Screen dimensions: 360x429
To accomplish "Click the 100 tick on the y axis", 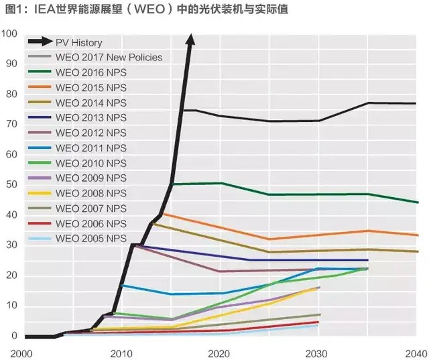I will click(10, 34).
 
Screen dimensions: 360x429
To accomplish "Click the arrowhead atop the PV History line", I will click(190, 40).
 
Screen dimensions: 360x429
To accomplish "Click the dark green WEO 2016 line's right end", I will click(418, 202).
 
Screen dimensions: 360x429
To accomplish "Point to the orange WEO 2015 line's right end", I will click(418, 235).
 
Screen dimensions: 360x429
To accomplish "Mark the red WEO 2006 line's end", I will click(318, 322).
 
